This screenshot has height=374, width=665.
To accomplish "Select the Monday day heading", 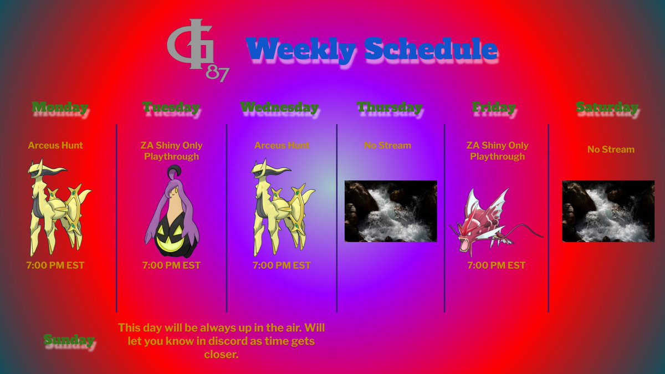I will [x=60, y=107].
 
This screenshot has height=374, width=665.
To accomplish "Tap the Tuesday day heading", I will [x=171, y=107].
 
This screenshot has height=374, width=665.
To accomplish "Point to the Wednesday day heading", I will [x=279, y=107].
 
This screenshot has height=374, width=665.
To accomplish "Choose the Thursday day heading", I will [x=389, y=107].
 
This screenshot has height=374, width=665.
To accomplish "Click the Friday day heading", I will [x=494, y=107].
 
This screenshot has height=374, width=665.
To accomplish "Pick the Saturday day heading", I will [x=607, y=107].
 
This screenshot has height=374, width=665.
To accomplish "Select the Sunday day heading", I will [x=69, y=340].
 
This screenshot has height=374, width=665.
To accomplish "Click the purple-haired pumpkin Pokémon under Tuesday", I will [x=170, y=213].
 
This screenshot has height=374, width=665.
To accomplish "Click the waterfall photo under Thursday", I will [x=391, y=211].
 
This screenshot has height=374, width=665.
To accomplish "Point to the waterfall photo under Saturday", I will [x=608, y=211].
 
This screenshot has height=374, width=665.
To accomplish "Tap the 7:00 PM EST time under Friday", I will [x=496, y=265].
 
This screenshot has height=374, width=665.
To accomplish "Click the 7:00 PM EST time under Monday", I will [x=55, y=265].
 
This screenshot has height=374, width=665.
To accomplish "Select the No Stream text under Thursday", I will [x=387, y=146].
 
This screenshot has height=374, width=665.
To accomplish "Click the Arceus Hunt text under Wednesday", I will [x=282, y=146].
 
